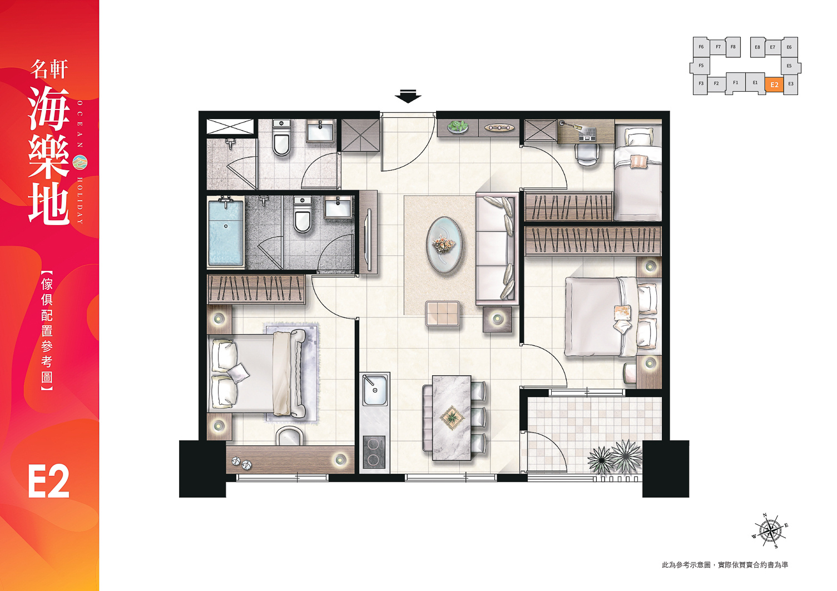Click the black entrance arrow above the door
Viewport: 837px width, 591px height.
tap(408, 96)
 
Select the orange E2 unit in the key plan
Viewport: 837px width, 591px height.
tap(774, 85)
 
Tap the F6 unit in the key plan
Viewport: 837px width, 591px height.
tap(701, 47)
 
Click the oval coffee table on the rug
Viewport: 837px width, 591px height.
tap(444, 245)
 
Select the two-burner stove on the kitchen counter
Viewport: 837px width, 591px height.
tap(374, 452)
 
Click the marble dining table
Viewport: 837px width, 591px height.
tap(452, 418)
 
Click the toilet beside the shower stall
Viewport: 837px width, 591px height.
tap(281, 137)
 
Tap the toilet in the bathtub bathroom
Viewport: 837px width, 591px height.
tap(303, 215)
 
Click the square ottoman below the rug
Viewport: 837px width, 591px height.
tap(443, 314)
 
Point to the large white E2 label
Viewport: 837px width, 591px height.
tap(49, 481)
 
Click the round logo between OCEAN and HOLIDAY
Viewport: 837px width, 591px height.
tap(80, 161)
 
